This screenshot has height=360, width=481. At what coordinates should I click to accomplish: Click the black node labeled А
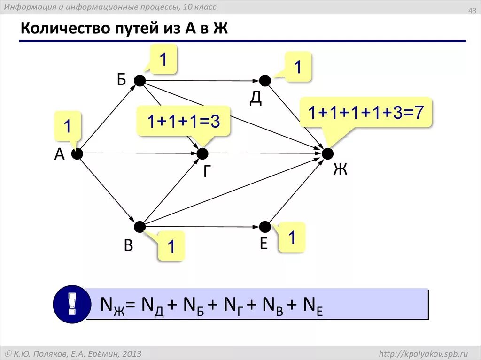[77, 153]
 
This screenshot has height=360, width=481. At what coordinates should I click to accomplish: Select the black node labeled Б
[140, 81]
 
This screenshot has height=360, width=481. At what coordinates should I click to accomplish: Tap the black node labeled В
[140, 227]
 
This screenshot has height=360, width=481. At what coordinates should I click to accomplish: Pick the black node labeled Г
[202, 153]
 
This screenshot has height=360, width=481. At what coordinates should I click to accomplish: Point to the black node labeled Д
[265, 81]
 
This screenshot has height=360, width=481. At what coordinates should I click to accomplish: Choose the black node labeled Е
[265, 227]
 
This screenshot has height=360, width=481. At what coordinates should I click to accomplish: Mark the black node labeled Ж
[327, 153]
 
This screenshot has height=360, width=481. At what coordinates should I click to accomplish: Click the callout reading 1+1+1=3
[183, 122]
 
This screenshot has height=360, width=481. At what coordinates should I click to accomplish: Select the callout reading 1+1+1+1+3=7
[366, 113]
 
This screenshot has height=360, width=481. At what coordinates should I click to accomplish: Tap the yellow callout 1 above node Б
[163, 59]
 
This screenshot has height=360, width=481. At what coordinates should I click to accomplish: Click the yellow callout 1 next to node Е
[292, 237]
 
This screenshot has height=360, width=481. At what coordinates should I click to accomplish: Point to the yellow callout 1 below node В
[171, 246]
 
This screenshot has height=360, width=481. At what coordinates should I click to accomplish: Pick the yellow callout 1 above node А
[68, 127]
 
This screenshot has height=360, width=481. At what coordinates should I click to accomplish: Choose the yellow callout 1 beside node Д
[297, 67]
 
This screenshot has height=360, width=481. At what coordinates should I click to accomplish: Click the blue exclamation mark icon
[71, 304]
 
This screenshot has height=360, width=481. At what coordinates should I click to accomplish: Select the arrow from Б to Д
[202, 81]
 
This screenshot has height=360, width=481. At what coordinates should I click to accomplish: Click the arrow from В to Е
[202, 227]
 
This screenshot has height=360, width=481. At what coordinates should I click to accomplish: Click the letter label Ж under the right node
[340, 169]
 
